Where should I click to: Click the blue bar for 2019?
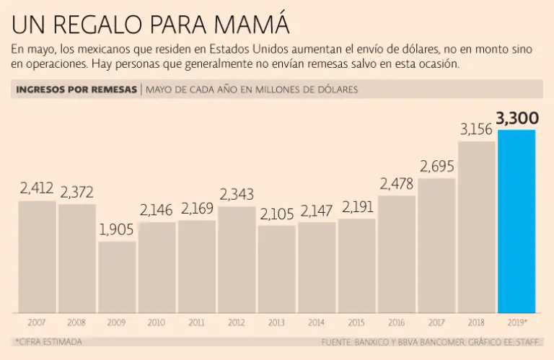[517, 221]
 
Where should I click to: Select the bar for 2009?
[117, 277]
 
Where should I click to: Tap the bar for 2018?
[477, 227]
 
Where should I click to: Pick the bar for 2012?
[237, 260]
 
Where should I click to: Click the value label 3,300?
[518, 118]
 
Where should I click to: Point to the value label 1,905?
[117, 230]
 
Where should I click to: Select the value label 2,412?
[37, 189]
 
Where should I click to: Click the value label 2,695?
[436, 167]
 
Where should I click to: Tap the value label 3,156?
[477, 130]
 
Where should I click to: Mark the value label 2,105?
[276, 214]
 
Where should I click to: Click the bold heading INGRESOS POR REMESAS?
[76, 89]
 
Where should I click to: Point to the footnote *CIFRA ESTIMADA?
[48, 342]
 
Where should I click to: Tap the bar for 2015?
[356, 265]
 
